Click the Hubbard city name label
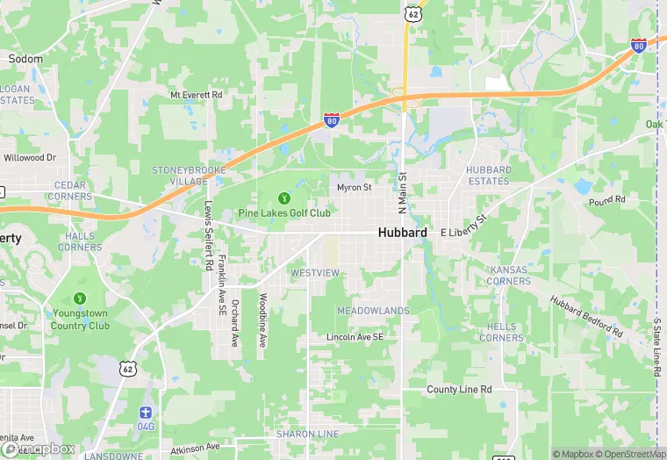[x=403, y=233]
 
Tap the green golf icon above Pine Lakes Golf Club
[x=284, y=198]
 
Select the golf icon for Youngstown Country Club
[x=81, y=299]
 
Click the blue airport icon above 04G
[x=146, y=413]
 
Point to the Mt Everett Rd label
[x=197, y=95]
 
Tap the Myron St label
[x=355, y=187]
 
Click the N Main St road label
[x=403, y=193]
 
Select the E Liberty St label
[x=463, y=225]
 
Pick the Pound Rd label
[x=607, y=201]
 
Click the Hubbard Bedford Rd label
[x=586, y=317]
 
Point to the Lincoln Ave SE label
[x=355, y=337]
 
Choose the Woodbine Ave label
[x=262, y=320]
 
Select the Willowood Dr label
[x=30, y=158]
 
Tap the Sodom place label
[x=25, y=59]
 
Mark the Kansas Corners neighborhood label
[x=509, y=275]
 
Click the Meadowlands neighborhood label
[x=373, y=311]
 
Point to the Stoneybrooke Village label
[x=189, y=175]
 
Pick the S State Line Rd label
[x=656, y=347]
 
